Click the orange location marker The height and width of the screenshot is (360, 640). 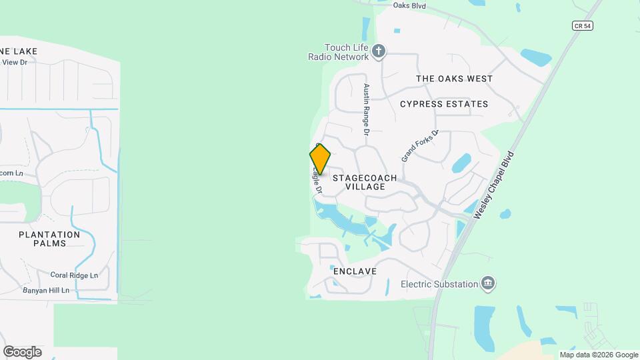tap(320, 159)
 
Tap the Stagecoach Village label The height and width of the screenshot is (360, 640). tap(365, 183)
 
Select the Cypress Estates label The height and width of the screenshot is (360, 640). tap(444, 104)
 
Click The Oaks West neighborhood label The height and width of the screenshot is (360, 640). tap(454, 79)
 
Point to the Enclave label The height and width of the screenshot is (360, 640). tap(355, 271)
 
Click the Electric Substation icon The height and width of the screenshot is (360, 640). tap(488, 284)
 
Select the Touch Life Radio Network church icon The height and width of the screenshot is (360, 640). tap(379, 51)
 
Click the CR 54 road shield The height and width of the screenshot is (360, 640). tap(582, 25)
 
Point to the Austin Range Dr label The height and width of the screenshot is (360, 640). tap(366, 109)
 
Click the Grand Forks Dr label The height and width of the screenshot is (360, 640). tap(420, 146)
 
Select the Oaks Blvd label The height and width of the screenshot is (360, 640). tap(409, 5)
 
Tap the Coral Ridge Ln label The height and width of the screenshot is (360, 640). tap(74, 275)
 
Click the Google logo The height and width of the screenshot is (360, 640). tap(22, 351)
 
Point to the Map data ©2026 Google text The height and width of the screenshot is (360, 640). tap(599, 355)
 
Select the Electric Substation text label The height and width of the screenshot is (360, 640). tap(439, 284)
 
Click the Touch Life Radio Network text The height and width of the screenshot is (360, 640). tap(347, 52)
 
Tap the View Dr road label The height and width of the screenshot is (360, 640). tap(14, 62)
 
